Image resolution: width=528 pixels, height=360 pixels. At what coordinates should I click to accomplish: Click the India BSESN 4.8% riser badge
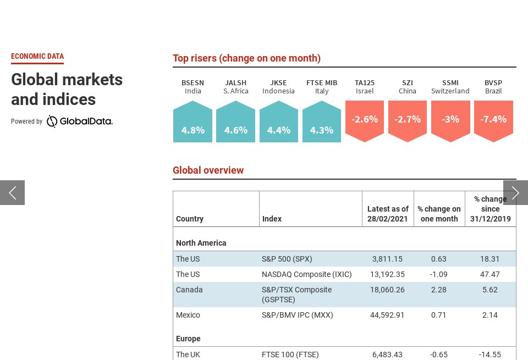point(193,122)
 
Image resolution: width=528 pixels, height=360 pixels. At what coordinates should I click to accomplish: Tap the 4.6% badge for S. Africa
point(235,122)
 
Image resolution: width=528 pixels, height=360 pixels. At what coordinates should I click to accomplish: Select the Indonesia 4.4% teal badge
point(278,122)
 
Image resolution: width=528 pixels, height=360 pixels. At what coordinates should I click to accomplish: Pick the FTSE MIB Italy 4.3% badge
point(322,122)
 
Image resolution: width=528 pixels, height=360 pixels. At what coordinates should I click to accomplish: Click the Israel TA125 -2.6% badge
point(365,120)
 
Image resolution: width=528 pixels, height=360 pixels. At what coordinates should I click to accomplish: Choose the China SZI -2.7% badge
point(408,120)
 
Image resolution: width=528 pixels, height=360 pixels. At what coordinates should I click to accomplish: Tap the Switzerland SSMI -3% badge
point(450,120)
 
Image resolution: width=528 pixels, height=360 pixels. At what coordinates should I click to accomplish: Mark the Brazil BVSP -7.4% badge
point(493,120)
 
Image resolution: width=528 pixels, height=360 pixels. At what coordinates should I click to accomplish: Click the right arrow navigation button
point(515,192)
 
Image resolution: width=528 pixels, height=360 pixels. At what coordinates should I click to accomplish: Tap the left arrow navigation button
point(12,192)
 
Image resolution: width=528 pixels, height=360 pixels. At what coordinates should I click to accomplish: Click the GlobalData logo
point(80,121)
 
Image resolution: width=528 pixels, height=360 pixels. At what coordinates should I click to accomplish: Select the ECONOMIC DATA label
point(37,56)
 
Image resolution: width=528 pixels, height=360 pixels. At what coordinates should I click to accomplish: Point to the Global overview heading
point(208,170)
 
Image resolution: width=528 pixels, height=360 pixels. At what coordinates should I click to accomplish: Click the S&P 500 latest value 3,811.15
point(387,259)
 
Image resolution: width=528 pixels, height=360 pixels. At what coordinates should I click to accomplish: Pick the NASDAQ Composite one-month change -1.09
point(439,274)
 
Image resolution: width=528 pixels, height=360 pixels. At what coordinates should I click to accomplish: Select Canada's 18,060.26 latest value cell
point(387,290)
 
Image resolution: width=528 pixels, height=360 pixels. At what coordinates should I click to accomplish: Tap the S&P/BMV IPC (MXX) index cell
point(298,315)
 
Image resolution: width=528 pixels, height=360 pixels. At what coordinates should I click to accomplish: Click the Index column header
point(272,219)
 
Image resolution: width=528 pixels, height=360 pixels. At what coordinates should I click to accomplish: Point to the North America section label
point(201,243)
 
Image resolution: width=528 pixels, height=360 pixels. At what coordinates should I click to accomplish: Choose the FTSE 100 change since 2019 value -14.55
point(490,355)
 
